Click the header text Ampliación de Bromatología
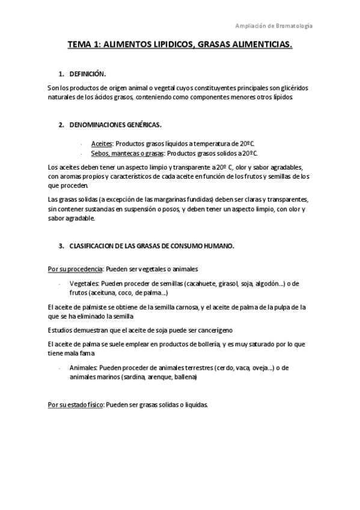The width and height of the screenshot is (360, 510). coord(274,26)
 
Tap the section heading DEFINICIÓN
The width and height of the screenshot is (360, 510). coord(88,74)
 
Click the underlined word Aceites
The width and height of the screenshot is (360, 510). coord(102,144)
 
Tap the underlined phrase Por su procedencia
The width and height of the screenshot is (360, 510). coord(75,269)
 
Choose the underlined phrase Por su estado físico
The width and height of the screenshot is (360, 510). coord(75,405)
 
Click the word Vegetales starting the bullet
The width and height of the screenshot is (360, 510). coord(84,283)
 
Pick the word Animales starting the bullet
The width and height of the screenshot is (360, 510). coord(84,367)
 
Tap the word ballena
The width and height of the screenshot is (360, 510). coord(185,377)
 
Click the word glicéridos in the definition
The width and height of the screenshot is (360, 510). coord(299,88)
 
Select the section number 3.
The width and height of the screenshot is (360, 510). coord(61,247)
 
